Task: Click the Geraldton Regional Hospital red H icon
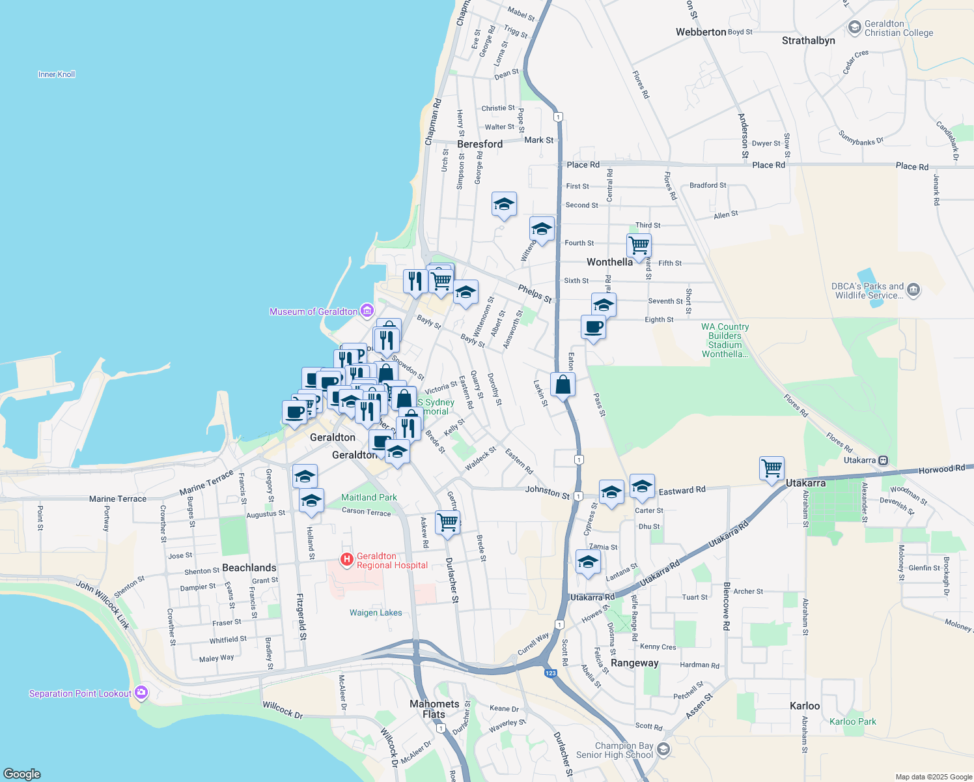[347, 559]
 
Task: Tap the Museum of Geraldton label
[313, 311]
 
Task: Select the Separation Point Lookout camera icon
[141, 693]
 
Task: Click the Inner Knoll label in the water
[57, 74]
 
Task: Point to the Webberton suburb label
[701, 32]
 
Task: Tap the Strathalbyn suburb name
[808, 40]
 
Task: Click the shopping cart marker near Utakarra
[772, 468]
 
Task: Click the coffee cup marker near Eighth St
[593, 326]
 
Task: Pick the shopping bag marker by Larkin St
[563, 384]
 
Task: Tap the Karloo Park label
[853, 721]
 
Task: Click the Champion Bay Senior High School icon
[663, 749]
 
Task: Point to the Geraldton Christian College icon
[855, 27]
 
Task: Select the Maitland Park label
[369, 497]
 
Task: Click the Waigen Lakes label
[376, 613]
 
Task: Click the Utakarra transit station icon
[883, 460]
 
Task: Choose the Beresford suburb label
[480, 144]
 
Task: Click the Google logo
[22, 774]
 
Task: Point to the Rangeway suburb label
[635, 663]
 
